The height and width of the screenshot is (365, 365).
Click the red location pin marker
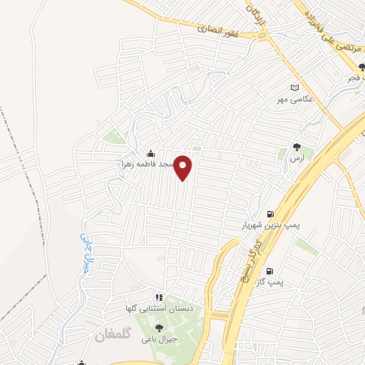pos(184,167)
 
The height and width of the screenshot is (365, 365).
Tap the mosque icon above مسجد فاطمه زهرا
pos(150,153)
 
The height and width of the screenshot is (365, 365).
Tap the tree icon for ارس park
pos(297,147)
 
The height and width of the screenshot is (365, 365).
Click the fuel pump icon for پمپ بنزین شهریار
pos(269,214)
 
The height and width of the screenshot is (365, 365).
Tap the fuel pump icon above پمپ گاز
pos(269,271)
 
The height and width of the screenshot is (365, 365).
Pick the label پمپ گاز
pos(270,282)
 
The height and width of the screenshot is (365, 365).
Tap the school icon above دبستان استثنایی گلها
pos(159,297)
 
